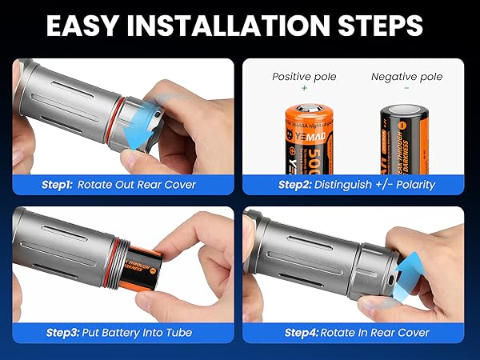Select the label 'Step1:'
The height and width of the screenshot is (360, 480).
click(x=58, y=184)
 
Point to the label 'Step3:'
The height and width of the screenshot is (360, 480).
click(x=59, y=332)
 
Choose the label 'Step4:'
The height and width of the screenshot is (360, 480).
click(x=302, y=332)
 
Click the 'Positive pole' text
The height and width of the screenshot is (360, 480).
click(x=303, y=77)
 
